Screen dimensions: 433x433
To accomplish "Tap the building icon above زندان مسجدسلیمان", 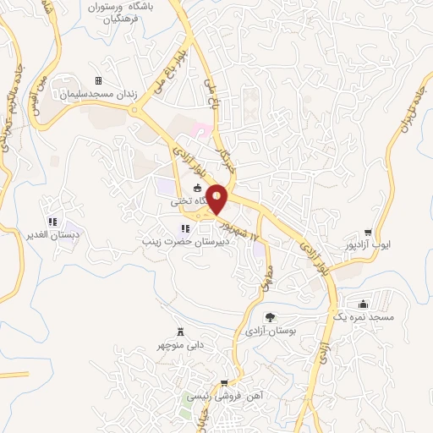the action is point(98,81).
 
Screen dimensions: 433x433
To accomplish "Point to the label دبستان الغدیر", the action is point(52,234).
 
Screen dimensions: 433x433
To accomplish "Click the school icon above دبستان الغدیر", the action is point(52,222).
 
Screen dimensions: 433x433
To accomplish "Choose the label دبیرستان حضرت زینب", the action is point(185,241).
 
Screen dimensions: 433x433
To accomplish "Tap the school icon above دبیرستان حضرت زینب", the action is point(185,228).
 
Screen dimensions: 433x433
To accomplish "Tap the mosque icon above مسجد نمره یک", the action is point(364,304).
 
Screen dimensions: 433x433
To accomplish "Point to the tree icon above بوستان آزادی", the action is point(270,317).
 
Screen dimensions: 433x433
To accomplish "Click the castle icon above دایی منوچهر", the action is point(179,332).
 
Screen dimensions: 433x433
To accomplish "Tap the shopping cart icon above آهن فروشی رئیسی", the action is point(224,383).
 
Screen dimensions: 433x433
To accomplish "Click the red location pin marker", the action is point(217,197).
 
